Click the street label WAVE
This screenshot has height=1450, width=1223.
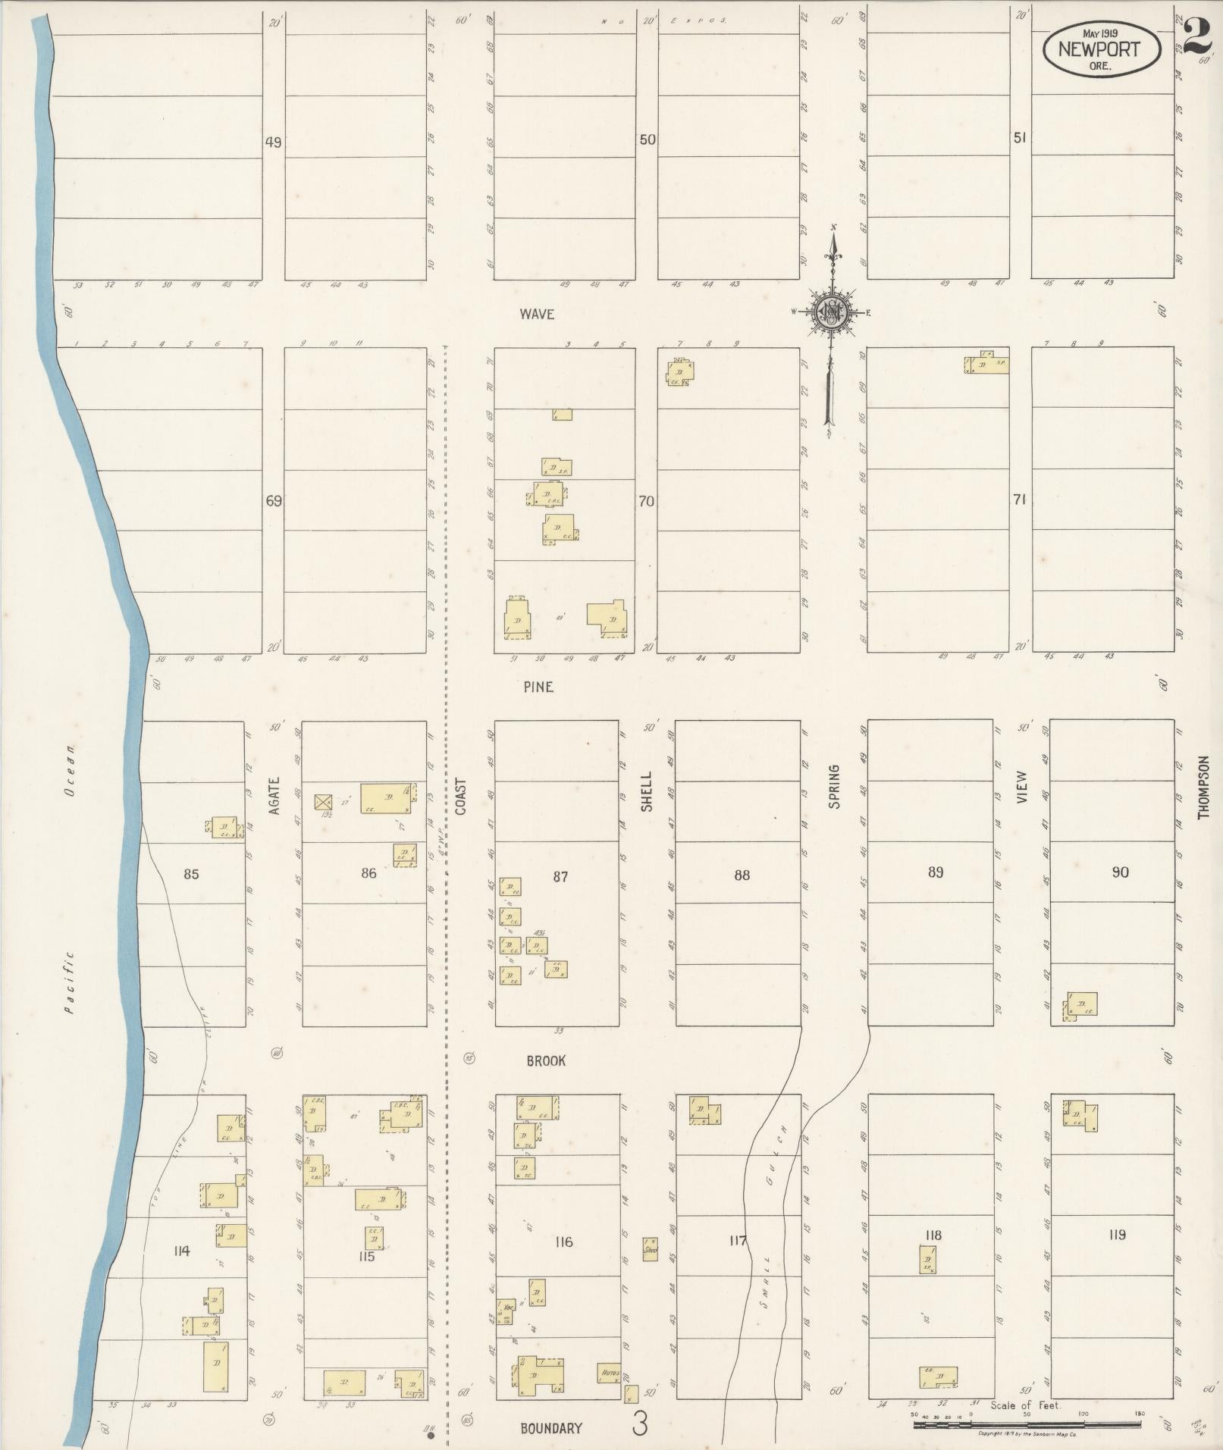537,314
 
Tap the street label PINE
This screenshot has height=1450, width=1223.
538,687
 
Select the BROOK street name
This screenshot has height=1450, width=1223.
546,1061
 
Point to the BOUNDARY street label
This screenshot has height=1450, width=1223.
551,1429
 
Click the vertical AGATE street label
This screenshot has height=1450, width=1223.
274,795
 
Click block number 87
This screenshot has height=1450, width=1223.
560,877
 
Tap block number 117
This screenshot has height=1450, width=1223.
738,1241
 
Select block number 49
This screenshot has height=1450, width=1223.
273,142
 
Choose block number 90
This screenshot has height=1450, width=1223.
1120,872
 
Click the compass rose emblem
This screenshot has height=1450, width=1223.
832,310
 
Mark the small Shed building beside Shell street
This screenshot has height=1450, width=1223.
650,1249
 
